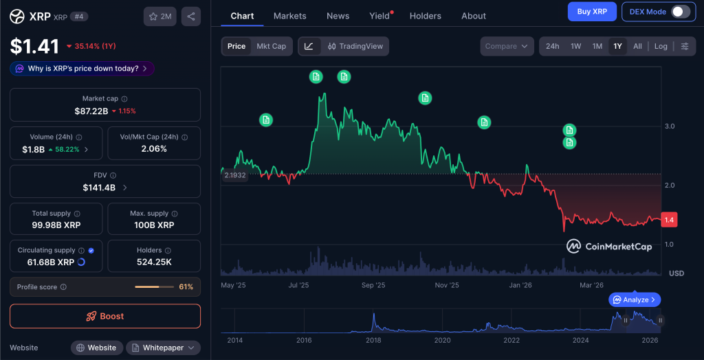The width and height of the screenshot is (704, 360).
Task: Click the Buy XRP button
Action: coord(591,12)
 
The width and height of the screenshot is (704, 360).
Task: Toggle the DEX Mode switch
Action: coord(680,12)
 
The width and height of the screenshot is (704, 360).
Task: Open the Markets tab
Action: coord(289,16)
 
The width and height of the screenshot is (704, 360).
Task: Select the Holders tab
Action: coord(426,16)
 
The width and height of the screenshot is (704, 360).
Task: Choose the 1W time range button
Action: coord(575,46)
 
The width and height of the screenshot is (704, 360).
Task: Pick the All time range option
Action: coord(637,46)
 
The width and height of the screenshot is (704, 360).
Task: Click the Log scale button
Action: coord(660,46)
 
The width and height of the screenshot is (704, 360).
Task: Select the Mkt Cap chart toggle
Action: coord(271,46)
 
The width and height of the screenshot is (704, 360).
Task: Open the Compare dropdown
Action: coord(507,46)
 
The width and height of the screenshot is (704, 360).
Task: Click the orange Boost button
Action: coord(105,316)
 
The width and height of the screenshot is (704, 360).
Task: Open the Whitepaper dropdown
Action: coord(163,348)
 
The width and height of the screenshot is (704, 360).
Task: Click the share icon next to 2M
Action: coord(190,16)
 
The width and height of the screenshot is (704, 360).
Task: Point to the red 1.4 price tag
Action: coord(669,220)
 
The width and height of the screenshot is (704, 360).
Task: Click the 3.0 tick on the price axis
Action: coord(669,126)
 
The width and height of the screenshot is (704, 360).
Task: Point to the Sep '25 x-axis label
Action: coord(373,285)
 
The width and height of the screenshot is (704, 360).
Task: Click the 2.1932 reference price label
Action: coord(235,175)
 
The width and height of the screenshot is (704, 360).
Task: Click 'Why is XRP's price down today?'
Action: coord(82,69)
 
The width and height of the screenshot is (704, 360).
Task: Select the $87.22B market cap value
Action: coord(91,111)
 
